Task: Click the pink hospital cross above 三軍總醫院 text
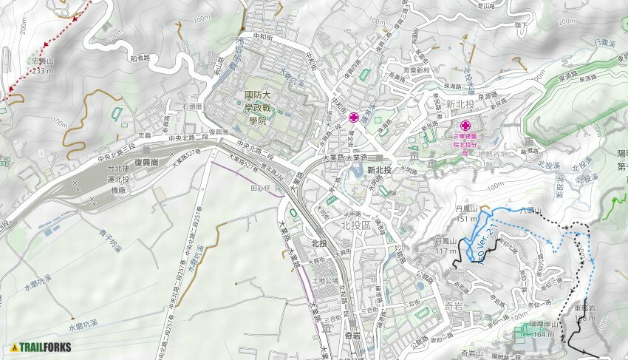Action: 465,126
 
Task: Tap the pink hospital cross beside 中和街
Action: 355,118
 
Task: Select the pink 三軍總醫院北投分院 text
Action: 465,143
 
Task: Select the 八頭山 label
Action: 530,212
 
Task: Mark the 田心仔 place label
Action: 262,189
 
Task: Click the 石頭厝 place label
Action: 192,106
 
